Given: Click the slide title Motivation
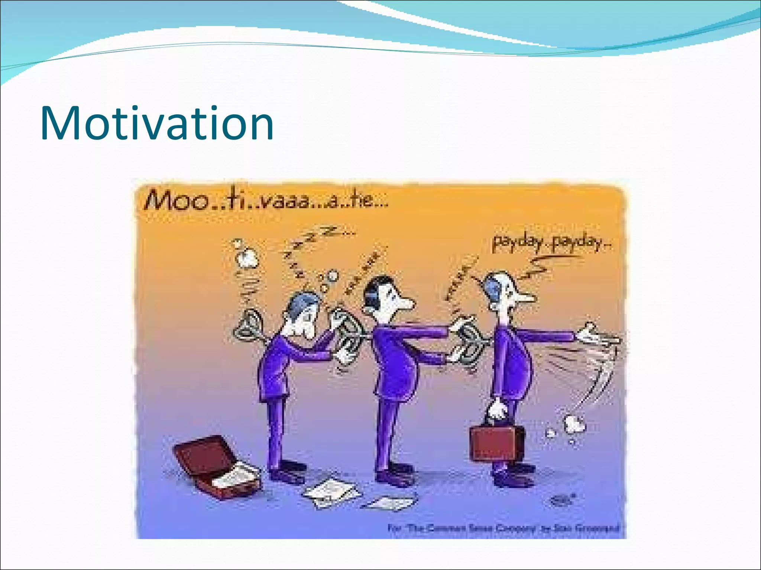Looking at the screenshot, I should tap(157, 123).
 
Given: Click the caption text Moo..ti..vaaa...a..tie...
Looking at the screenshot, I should tap(266, 201).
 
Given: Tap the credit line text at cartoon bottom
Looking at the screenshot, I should tap(503, 528).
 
